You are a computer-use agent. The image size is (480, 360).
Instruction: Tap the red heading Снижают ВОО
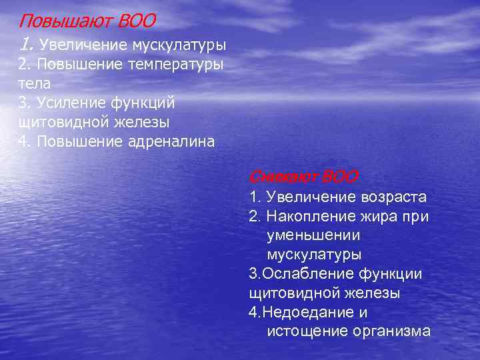click(303, 177)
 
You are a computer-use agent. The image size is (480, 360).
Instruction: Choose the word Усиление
click(69, 103)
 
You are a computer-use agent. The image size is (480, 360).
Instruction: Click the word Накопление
click(310, 217)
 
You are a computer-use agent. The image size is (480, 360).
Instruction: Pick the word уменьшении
click(313, 235)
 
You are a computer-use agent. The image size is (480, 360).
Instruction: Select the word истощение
click(304, 331)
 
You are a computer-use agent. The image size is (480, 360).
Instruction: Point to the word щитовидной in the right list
click(289, 293)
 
